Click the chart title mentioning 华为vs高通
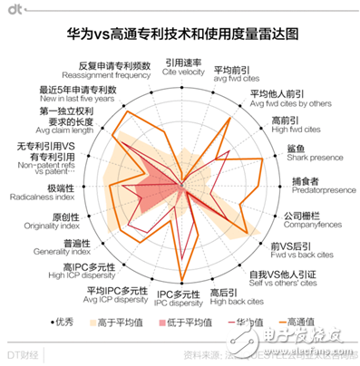click(180, 35)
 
